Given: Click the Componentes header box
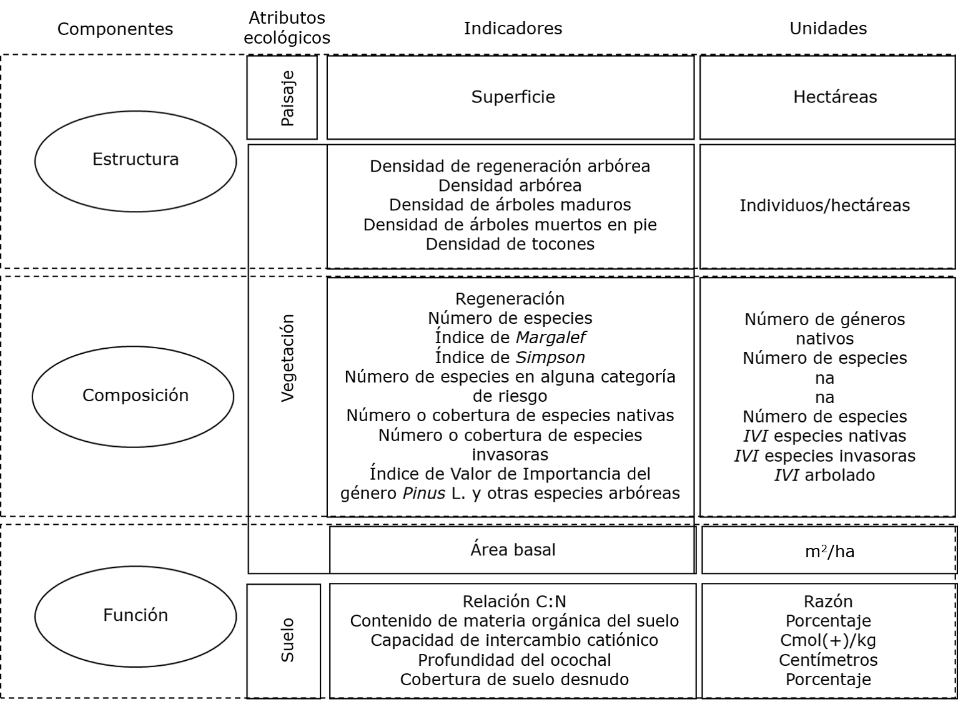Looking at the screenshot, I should coord(115,29).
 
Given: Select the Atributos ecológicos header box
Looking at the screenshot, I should coord(287,27).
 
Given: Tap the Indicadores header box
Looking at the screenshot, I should coord(513,29).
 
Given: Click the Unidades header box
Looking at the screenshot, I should coord(828,29).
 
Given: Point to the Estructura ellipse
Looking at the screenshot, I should coord(136,160).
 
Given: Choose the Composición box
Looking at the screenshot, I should coord(136,395).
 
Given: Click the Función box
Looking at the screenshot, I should coord(136,615).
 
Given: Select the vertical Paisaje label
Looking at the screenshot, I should coord(287,99).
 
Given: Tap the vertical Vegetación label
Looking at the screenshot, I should coord(287,358).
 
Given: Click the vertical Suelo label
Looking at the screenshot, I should coord(287,640).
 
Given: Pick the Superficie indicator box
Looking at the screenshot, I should coord(513,97).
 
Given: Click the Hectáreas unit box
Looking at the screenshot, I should coord(835,97).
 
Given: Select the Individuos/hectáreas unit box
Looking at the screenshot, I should coord(824,206).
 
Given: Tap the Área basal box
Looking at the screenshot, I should coord(513,550).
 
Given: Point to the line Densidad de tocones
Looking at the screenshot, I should coord(510,244).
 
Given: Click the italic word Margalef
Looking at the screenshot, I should coord(550,338).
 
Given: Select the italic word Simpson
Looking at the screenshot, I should coord(550,358).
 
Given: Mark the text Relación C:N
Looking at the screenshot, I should coord(514,602).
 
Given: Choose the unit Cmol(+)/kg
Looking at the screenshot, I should coord(828,640).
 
